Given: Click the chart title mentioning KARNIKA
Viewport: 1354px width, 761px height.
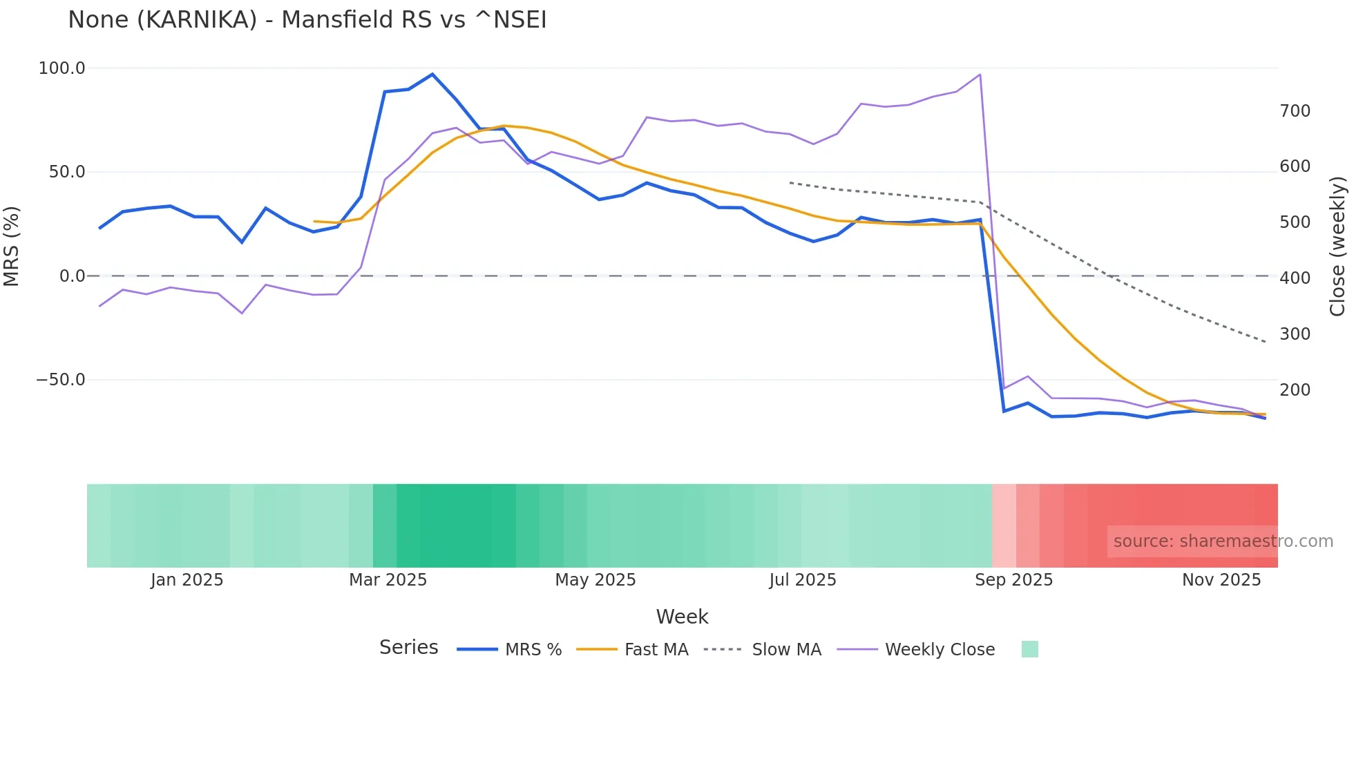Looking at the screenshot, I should click(x=307, y=20).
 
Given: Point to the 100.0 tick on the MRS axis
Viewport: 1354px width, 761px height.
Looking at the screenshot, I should click(x=62, y=68).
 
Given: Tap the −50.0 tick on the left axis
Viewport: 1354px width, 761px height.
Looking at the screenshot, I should click(x=61, y=380).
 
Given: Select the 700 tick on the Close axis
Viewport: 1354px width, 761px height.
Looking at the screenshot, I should click(x=1295, y=111).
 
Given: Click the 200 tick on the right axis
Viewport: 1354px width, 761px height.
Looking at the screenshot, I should click(x=1295, y=390).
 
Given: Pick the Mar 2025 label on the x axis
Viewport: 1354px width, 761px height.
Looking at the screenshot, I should click(x=388, y=580).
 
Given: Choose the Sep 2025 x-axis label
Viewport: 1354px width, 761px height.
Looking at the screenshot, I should click(x=1013, y=580).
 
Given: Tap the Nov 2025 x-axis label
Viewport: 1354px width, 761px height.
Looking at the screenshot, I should click(x=1221, y=580).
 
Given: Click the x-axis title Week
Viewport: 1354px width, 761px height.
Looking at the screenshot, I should click(x=682, y=617).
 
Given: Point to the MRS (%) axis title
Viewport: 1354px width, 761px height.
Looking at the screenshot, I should click(x=12, y=246).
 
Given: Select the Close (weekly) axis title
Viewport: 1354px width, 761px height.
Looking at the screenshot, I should click(x=1338, y=247).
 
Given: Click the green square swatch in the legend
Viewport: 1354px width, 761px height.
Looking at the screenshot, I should click(x=1029, y=649).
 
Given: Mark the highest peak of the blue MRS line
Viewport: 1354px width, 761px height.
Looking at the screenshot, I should click(x=432, y=74).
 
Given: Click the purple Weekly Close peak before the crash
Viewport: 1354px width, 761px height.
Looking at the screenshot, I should click(x=980, y=75).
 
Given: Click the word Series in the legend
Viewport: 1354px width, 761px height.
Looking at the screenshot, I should click(x=408, y=648).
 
